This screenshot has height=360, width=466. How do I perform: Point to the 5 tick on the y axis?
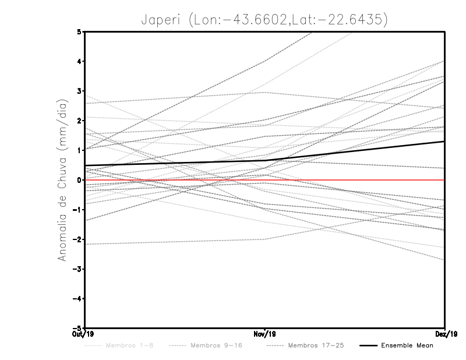pos(80,31)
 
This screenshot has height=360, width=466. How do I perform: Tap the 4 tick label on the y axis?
pos(80,61)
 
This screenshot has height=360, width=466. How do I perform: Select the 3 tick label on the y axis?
pos(80,91)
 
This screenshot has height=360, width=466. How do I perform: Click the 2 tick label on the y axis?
pos(80,121)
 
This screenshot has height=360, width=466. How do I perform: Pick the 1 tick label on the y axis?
pos(80,150)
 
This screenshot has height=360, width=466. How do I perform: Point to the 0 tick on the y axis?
pos(80,180)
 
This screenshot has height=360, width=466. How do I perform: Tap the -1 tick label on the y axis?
pos(78,210)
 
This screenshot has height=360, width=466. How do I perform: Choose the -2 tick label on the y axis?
pos(78,239)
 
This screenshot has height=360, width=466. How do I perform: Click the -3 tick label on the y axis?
pos(78,269)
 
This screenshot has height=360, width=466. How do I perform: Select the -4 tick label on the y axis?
pos(78,299)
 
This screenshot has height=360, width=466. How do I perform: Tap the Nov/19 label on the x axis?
pos(265,334)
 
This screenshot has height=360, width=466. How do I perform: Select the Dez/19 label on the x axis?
pos(446,334)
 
